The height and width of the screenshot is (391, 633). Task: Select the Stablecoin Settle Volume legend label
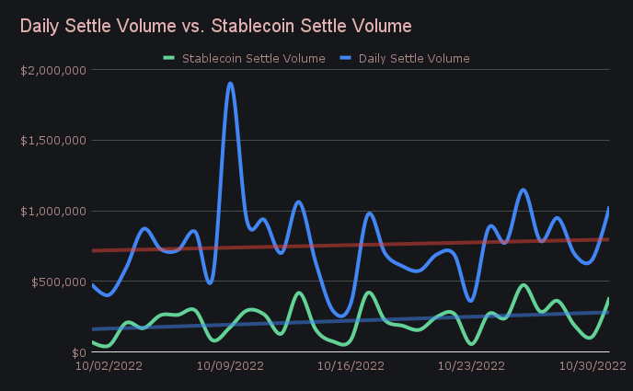coord(254,58)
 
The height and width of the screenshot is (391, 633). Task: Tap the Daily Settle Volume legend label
coord(414,58)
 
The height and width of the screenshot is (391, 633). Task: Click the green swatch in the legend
coord(169,58)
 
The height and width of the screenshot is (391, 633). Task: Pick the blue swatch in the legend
coord(346,58)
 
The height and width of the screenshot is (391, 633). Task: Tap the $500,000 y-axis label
coord(57,282)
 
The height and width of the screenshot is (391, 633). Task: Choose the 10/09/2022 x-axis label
coord(230,365)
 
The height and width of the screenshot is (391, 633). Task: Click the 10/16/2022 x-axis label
coord(351,365)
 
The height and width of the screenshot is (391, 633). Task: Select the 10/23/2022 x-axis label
coord(471,365)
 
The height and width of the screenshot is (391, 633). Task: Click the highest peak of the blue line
coord(230,84)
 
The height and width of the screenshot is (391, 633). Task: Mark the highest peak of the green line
coord(524,285)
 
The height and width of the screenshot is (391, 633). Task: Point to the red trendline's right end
coord(608,239)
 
